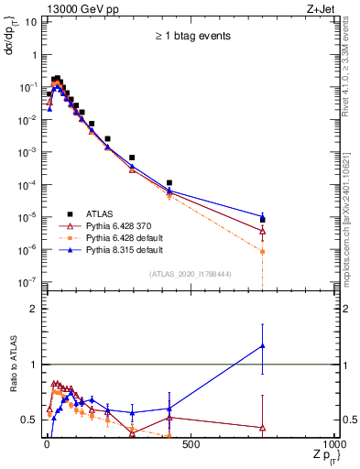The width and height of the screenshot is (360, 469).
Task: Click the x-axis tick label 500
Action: (191, 446)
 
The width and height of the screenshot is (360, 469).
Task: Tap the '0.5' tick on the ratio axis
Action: (27, 420)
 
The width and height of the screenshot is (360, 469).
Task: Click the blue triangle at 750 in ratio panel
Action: (263, 346)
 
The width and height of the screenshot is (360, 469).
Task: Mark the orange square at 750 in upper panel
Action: (263, 251)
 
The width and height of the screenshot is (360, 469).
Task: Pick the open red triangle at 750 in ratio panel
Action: (263, 427)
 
